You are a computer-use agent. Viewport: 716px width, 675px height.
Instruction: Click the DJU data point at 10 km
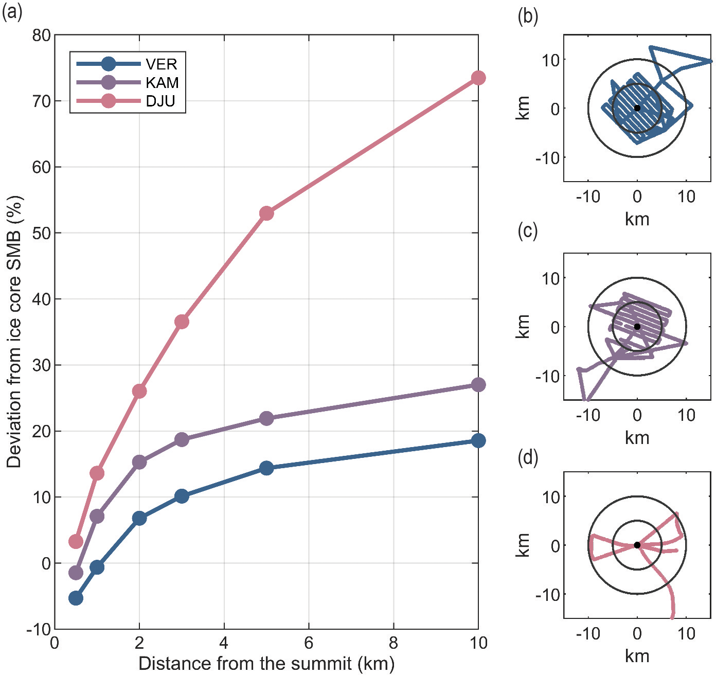tap(478, 78)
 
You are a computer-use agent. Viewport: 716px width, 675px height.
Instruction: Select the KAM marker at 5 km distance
tap(266, 418)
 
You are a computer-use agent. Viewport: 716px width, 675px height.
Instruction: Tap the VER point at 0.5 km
tap(76, 598)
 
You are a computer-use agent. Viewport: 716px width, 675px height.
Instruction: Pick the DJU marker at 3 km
tap(182, 322)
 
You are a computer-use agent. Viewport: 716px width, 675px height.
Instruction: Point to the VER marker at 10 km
tap(478, 440)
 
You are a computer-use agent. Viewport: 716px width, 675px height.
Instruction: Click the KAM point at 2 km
tap(139, 462)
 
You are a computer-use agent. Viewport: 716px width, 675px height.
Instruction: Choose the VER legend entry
tap(161, 64)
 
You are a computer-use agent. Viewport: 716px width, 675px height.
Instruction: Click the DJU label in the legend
tap(160, 101)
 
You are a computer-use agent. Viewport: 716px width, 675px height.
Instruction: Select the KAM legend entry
tap(162, 82)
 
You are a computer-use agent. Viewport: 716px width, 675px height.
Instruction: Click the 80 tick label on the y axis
tap(41, 35)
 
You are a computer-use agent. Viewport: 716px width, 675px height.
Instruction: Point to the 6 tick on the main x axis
tap(309, 643)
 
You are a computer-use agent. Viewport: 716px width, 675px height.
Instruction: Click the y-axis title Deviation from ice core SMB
tap(14, 332)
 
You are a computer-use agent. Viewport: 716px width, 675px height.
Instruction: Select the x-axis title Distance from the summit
tap(266, 663)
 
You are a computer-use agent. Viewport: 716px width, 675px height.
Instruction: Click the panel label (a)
tap(12, 11)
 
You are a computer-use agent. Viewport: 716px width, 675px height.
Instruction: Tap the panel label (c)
tap(527, 231)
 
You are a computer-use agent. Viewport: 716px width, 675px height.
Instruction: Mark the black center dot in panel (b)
tap(637, 108)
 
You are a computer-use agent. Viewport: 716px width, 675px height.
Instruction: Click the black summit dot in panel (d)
tap(637, 545)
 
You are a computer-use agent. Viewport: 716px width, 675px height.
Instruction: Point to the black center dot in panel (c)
tap(637, 327)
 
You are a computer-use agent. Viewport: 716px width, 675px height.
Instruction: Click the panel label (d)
tap(528, 457)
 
